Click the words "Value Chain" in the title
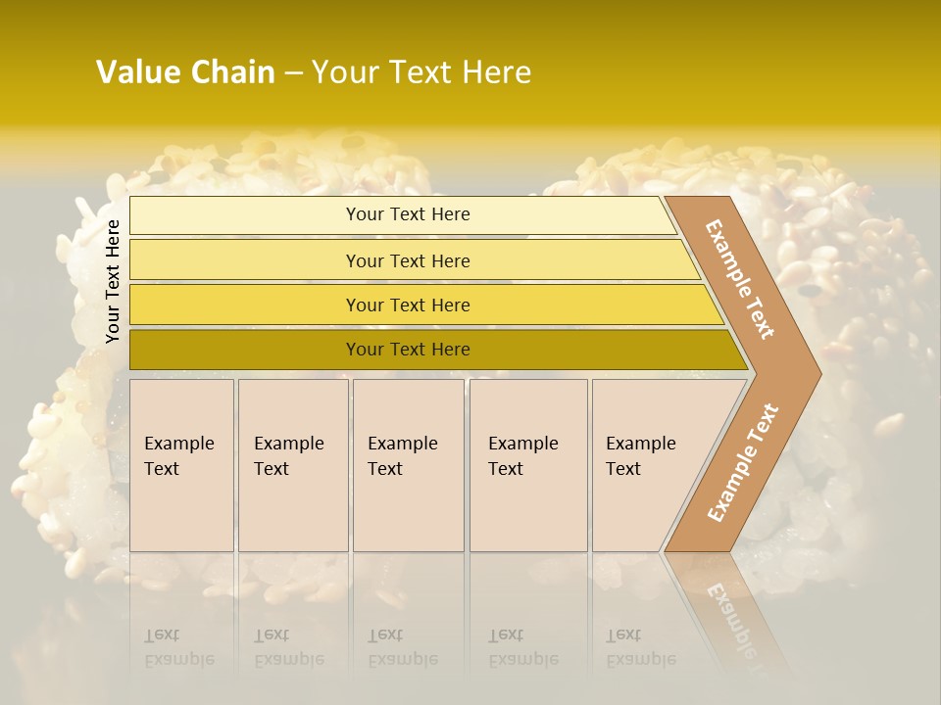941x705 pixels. (185, 72)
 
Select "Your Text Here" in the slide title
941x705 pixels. (421, 72)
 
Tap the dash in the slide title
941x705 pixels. (293, 73)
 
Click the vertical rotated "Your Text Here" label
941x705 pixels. (113, 282)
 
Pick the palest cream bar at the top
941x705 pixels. (402, 214)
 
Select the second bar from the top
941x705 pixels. (412, 260)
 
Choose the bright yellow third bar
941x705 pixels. (421, 305)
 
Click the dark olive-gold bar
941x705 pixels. (431, 350)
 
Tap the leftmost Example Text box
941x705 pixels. (181, 465)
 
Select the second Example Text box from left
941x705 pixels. (292, 465)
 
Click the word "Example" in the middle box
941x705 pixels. (402, 444)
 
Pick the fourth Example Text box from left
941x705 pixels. (527, 465)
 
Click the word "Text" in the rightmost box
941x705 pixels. (623, 469)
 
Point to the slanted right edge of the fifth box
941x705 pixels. (704, 465)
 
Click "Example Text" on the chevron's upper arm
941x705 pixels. (741, 279)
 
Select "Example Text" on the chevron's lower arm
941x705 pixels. (743, 463)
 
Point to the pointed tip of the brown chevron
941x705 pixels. (818, 373)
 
